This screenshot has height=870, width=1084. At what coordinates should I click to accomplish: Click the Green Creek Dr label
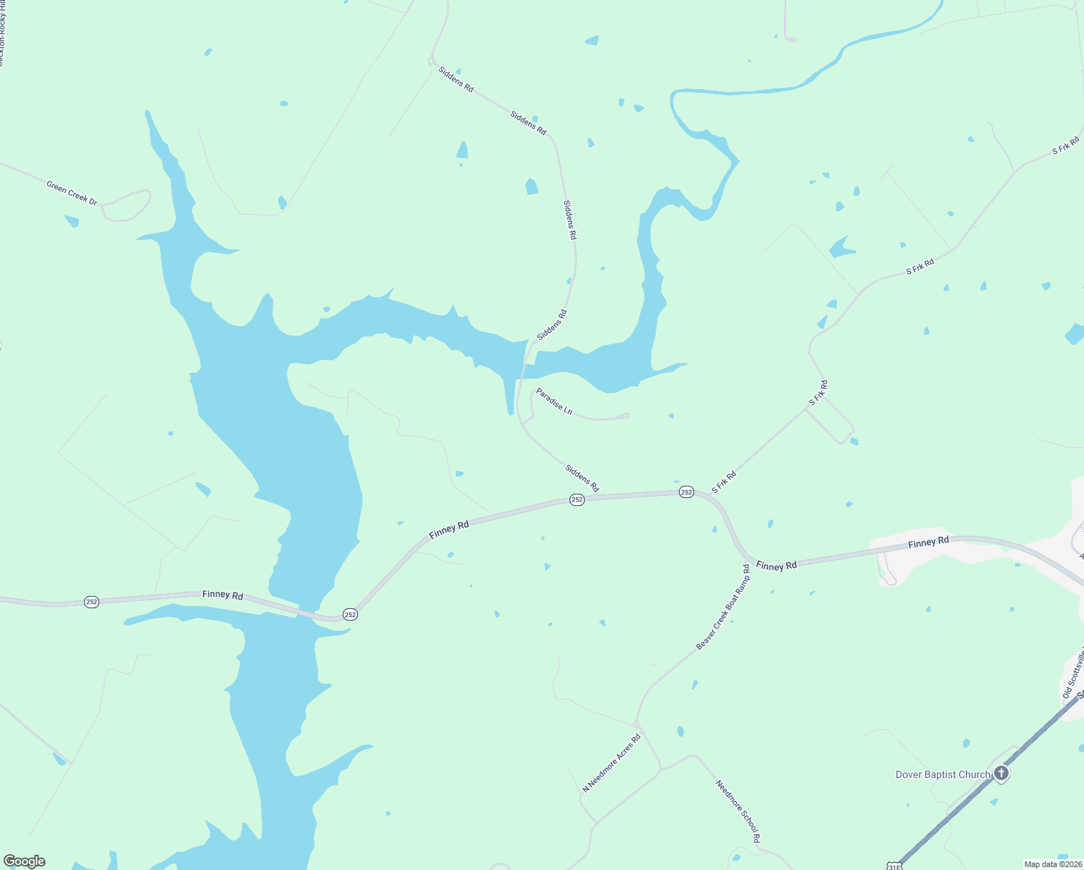72,193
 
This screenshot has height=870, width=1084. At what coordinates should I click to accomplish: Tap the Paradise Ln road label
554,402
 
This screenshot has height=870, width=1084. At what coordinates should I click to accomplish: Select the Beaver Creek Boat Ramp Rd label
723,607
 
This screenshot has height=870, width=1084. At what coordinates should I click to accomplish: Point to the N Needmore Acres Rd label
612,763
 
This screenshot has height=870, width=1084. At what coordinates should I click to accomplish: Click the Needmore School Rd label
738,811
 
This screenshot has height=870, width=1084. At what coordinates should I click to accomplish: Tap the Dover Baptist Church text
943,774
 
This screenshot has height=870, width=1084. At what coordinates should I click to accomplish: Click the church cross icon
1001,774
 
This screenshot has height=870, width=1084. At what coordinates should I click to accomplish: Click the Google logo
25,861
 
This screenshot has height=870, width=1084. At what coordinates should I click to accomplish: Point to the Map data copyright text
1052,864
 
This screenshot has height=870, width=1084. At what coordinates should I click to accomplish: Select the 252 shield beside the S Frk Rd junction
686,492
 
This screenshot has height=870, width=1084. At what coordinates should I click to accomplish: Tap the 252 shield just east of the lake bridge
350,614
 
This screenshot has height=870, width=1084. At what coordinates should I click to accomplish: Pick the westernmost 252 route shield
91,602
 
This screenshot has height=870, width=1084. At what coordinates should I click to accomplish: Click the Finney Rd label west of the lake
222,594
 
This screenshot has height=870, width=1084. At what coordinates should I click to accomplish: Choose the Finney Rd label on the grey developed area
928,542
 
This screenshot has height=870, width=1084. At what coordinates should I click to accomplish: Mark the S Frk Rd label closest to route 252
724,482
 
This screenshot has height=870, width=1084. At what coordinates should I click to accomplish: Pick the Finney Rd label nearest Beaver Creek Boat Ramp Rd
776,565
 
